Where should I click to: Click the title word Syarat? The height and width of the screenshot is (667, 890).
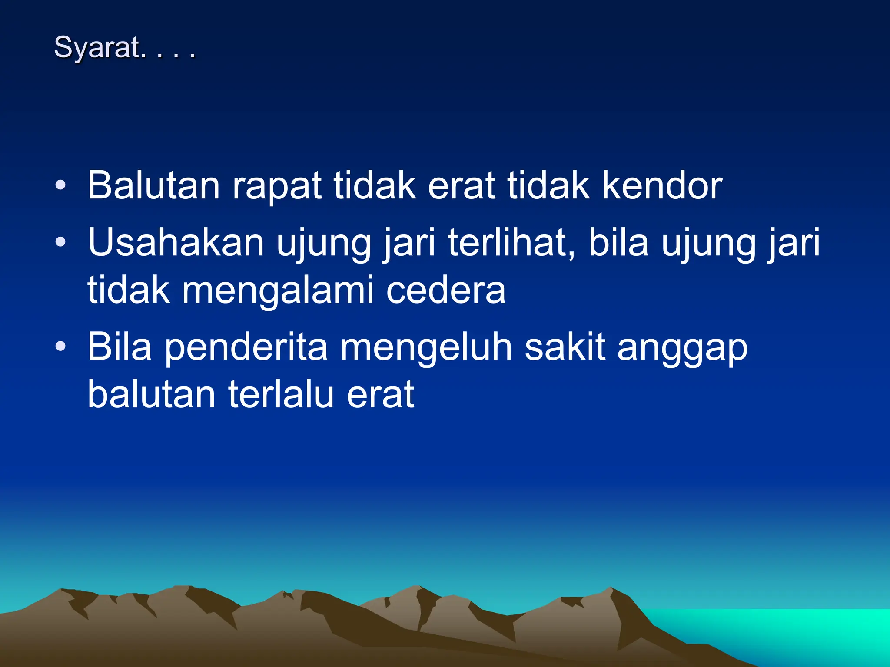[98, 48]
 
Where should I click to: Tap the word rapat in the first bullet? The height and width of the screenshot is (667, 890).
[277, 186]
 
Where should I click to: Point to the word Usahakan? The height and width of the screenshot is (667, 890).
[176, 243]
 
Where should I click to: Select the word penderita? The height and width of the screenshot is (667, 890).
[246, 347]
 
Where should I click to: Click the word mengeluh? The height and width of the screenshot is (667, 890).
[426, 347]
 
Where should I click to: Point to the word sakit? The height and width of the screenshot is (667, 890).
[565, 347]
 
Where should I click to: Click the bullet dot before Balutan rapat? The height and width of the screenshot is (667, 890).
[61, 186]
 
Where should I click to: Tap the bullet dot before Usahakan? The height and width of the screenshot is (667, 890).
[61, 243]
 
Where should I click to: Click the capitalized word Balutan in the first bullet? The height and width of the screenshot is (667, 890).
[153, 186]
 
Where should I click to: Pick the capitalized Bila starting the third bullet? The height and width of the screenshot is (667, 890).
[120, 347]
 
